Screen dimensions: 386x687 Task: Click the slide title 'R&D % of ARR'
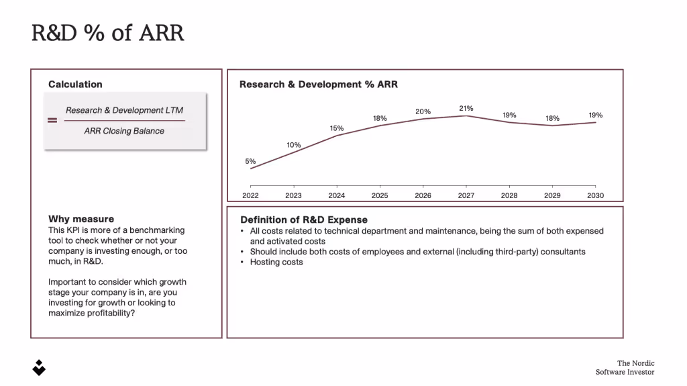coord(107,33)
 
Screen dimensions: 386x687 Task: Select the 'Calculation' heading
coord(75,85)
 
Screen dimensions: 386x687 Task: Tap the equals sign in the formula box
coord(52,121)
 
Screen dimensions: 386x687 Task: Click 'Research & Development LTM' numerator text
coord(124,110)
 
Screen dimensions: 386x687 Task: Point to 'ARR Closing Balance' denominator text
coord(124,131)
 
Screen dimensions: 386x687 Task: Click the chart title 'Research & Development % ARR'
coord(318,85)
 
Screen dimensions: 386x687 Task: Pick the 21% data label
coord(466,108)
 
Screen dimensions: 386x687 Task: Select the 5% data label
coord(250,161)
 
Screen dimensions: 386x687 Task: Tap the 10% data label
coord(293,145)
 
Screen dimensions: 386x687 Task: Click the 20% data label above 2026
coord(423,111)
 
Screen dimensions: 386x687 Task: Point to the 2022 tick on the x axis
coord(250,195)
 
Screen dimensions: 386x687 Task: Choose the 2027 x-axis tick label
coord(466,195)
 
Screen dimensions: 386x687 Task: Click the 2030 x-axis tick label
coord(595,195)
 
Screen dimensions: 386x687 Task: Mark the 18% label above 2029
coord(552,118)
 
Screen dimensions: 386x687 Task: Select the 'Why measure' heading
coord(81,219)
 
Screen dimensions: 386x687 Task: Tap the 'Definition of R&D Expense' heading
coord(304,220)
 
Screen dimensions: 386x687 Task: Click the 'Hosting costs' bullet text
coord(276,262)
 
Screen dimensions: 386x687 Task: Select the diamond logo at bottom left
coord(40,367)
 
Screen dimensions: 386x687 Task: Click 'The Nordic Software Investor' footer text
coord(625,367)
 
